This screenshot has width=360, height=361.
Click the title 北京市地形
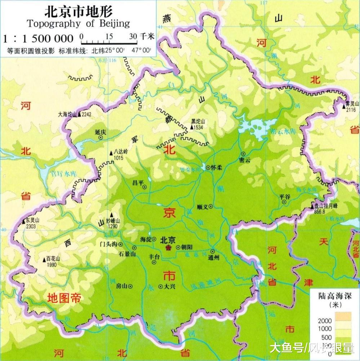coord(78,11)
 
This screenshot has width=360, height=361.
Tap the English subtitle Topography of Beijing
coord(78,24)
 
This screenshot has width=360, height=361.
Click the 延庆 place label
coord(101,132)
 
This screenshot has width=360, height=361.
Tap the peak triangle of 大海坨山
coord(79,114)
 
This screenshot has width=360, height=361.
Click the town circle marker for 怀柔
coord(208,167)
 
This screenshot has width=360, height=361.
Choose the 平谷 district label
coord(284,196)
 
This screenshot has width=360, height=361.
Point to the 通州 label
coord(213,258)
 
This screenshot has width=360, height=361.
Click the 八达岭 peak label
coord(120,152)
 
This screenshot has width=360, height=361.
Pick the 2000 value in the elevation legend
coord(325,320)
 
